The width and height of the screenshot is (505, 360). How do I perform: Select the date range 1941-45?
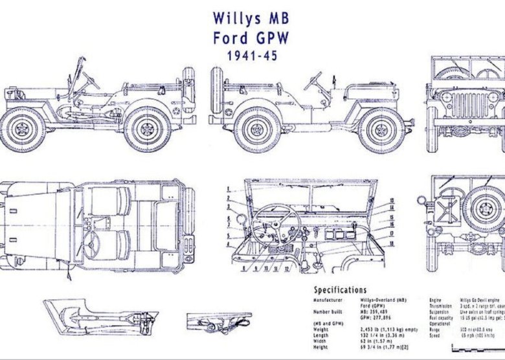[x=252, y=56]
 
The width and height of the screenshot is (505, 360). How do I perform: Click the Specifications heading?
[x=340, y=290]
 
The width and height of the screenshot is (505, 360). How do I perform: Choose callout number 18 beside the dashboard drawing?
[x=392, y=243]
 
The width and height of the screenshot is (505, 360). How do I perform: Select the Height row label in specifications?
[x=321, y=347]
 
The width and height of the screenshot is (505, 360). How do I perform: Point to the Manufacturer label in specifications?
[x=329, y=301]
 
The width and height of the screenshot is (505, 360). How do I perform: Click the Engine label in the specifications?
[x=436, y=301]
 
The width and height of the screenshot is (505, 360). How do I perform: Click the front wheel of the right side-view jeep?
[x=382, y=126]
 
